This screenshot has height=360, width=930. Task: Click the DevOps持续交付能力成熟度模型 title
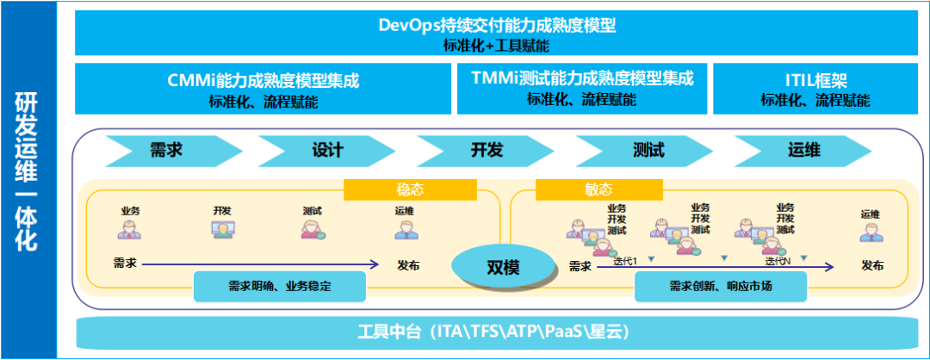point(498,25)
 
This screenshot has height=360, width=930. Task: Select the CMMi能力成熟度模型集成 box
point(263,88)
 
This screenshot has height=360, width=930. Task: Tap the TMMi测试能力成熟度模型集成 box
point(582,88)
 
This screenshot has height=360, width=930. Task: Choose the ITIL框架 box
point(815,88)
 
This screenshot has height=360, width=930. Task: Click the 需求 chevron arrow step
point(165,150)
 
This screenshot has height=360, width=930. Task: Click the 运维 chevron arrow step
point(803,150)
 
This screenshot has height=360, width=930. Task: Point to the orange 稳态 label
point(410,189)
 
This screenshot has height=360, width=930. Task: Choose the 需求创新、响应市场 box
point(720,286)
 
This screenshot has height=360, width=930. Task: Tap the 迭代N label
point(778,259)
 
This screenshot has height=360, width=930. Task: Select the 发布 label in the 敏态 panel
point(872,266)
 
